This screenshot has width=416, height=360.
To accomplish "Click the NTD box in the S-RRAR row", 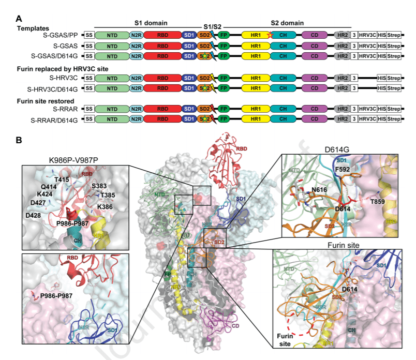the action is (x=111, y=109).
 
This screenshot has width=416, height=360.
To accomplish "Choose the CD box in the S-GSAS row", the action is (x=315, y=46).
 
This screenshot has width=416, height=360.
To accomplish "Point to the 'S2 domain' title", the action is (x=287, y=24).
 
